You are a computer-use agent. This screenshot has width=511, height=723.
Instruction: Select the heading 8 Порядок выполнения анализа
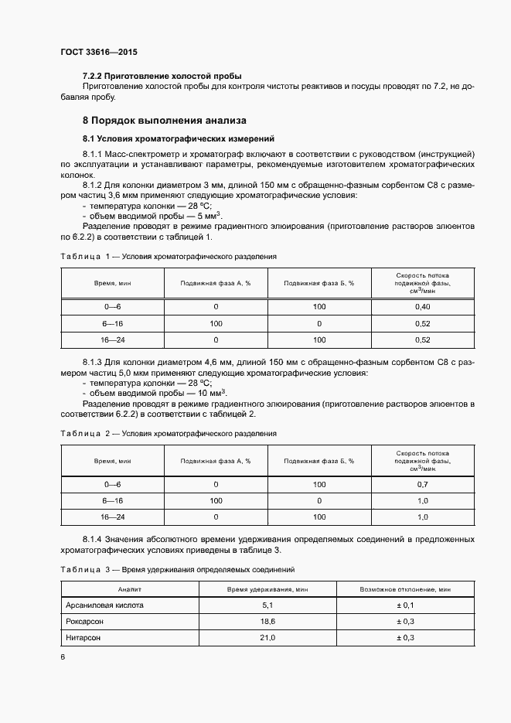(x=165, y=121)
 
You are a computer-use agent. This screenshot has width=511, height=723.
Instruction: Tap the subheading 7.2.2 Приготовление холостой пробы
(x=162, y=76)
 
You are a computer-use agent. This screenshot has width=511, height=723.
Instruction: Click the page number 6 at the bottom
(x=63, y=656)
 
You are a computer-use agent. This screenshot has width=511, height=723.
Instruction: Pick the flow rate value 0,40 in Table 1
(x=422, y=307)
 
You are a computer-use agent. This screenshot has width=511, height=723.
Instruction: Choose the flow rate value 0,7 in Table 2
(x=422, y=484)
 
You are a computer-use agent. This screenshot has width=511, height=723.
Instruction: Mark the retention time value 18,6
(x=267, y=622)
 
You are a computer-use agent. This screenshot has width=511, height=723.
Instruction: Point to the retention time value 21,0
(x=267, y=638)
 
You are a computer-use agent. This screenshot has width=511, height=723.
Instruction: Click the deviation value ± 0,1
(x=405, y=605)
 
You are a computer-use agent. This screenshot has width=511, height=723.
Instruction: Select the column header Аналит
(x=129, y=589)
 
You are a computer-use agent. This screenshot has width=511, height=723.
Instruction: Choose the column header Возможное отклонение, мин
(x=405, y=589)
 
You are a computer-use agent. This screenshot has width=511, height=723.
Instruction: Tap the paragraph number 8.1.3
(x=93, y=363)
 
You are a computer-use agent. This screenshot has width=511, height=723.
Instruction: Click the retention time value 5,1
(x=267, y=605)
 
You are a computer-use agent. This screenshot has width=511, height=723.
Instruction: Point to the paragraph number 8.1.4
(x=93, y=539)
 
